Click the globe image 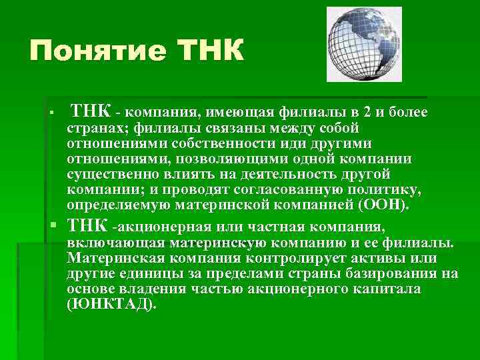coord(365,44)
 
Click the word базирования coord(399,273)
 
